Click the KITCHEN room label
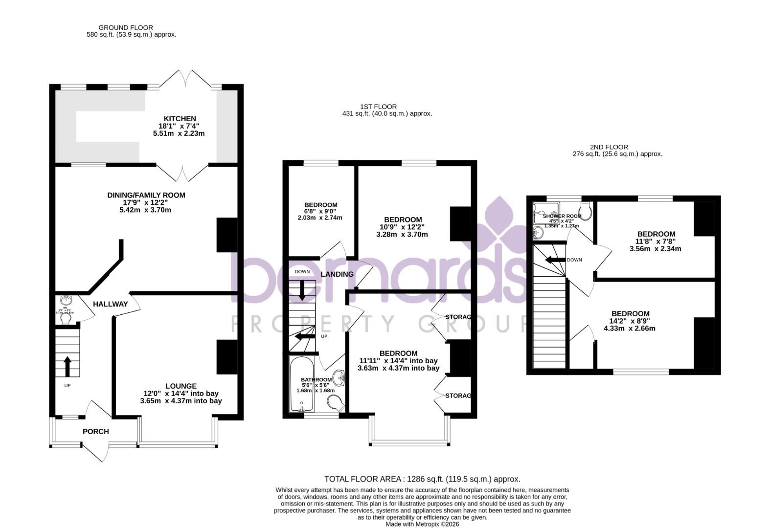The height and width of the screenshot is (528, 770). [x=180, y=119]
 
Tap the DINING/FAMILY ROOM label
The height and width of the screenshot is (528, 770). [x=146, y=195]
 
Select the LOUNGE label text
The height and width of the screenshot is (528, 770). [x=181, y=386]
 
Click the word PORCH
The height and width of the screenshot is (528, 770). [x=95, y=431]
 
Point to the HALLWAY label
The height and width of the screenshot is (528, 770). [x=110, y=304]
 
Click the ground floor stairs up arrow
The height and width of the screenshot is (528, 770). [x=67, y=366]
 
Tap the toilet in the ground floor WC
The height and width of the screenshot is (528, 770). [x=66, y=319]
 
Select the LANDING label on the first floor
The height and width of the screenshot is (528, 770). [x=337, y=274]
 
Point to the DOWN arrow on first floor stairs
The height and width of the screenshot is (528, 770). [x=302, y=290]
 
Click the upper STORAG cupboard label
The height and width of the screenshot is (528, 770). [x=458, y=317]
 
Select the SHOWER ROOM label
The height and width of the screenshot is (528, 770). [x=562, y=216]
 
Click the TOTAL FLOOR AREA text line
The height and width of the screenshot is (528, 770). [x=422, y=479]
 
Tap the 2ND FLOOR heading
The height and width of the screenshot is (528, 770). [x=609, y=147]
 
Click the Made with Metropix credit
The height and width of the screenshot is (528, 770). [x=422, y=524]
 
